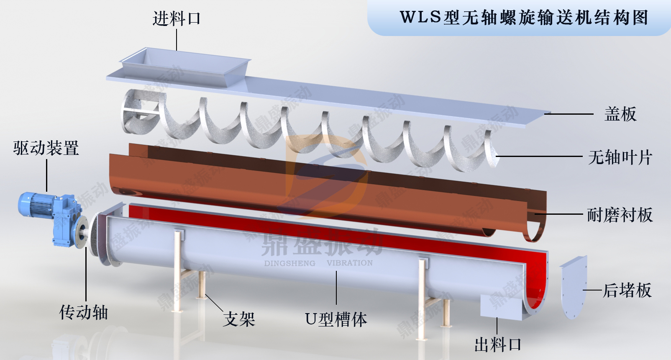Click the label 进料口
coord(176,19)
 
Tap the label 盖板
coord(620,114)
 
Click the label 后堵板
coord(627,290)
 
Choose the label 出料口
coord(498,345)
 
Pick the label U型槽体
coord(336,319)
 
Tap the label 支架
coord(239,319)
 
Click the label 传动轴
coord(84,312)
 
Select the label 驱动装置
coord(46,148)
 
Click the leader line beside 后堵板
coord(593,290)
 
